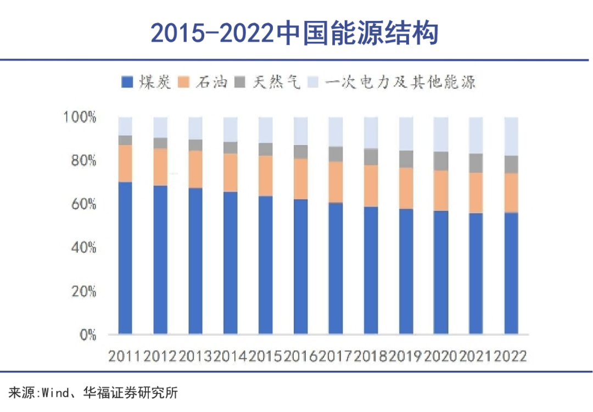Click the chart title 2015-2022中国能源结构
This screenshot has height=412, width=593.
pos(295,34)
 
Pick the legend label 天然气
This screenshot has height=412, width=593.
pos(277,82)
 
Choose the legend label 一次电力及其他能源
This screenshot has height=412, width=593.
pos(400,82)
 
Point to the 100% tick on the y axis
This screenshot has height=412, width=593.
pos(80,118)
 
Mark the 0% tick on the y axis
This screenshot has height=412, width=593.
pos(87,335)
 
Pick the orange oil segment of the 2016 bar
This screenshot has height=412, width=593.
pos(300,179)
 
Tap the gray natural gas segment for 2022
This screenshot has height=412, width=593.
pos(511,164)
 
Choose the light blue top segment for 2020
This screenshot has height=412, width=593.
pos(441,134)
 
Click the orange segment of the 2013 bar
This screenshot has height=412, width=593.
pos(195,169)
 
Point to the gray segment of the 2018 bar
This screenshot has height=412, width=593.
pos(371,157)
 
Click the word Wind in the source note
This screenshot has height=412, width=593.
pos(53,393)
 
